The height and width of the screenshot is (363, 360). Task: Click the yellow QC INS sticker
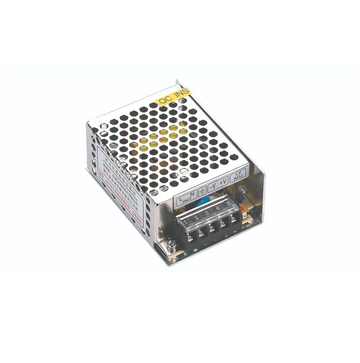[174, 95]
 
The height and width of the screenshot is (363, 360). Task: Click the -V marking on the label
[213, 185]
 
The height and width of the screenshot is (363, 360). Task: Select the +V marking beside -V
[224, 181]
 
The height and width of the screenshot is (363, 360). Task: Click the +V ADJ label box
[238, 175]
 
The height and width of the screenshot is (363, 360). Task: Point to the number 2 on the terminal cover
[197, 217]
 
